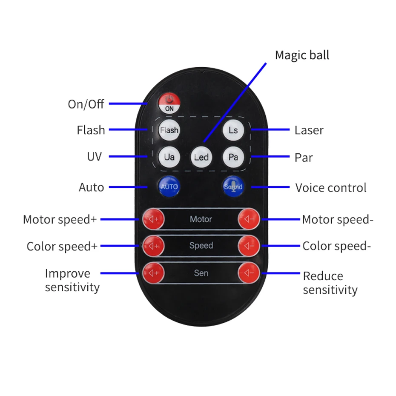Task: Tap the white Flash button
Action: point(169,130)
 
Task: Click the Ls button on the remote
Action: point(233,130)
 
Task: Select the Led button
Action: point(201,157)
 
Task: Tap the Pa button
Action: point(233,157)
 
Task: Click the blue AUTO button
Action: point(169,187)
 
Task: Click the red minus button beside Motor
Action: point(249,219)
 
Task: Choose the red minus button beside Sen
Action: point(249,273)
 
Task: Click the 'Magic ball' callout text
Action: point(302,55)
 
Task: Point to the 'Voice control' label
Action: point(331,188)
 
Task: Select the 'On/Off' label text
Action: point(86,104)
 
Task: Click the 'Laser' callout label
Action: point(309,130)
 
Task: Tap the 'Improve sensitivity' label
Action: point(72,280)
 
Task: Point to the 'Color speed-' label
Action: point(335,246)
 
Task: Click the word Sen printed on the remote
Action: point(201,273)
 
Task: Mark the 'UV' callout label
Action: point(94,157)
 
